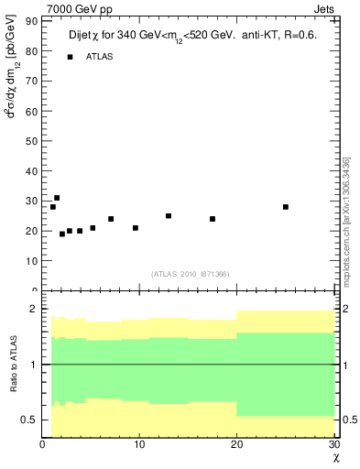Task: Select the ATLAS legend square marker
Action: coord(70,57)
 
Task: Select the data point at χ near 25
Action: coord(286,207)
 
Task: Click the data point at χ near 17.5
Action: coord(213,219)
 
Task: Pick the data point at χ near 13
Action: coord(169,216)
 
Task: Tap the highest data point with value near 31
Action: coord(57,198)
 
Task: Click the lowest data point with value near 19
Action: coord(62,234)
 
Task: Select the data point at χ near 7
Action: coord(111,219)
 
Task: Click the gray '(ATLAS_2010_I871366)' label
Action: coord(190,274)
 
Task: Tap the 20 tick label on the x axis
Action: coord(237,445)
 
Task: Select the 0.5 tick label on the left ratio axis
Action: coord(29,420)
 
